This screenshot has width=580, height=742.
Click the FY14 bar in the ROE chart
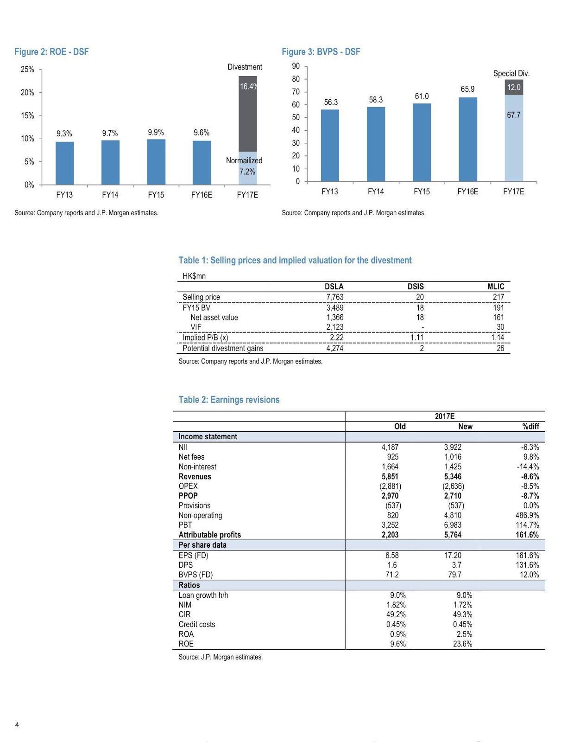(x=110, y=162)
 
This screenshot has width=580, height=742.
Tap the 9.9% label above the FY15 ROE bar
(x=156, y=133)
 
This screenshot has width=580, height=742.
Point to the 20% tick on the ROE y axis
(x=27, y=93)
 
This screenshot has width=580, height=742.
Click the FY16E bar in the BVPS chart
(x=467, y=139)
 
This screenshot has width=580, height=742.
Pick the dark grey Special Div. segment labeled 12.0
(x=513, y=87)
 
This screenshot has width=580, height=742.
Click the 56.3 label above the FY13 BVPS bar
(x=331, y=102)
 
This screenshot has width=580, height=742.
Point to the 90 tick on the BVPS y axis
(x=296, y=66)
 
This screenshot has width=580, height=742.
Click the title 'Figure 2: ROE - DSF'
(x=51, y=52)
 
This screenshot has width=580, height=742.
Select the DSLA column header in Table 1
(x=334, y=287)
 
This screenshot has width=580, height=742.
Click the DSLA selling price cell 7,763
(x=334, y=297)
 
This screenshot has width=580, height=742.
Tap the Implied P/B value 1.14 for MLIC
(x=498, y=338)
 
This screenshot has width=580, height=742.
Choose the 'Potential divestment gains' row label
(x=223, y=348)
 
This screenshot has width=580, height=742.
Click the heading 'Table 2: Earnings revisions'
(x=229, y=400)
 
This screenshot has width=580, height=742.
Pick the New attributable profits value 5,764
(x=453, y=535)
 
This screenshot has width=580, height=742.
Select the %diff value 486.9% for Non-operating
(x=527, y=515)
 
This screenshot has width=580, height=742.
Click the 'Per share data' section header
(x=202, y=545)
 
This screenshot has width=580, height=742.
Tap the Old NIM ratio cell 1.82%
(x=396, y=605)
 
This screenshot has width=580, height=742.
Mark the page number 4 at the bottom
(x=17, y=725)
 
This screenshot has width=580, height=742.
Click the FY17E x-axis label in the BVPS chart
(x=513, y=192)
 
